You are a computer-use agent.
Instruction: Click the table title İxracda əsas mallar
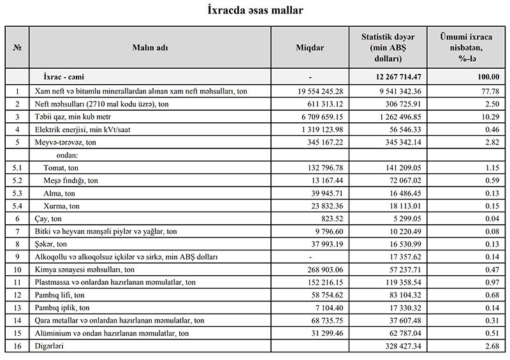click(255, 11)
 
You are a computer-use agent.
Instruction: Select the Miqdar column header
click(310, 48)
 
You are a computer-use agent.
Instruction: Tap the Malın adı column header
click(150, 48)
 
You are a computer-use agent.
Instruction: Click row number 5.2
click(17, 180)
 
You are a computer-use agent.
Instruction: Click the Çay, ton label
click(51, 219)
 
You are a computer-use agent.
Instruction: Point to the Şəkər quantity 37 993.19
click(324, 244)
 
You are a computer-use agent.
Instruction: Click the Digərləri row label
click(50, 346)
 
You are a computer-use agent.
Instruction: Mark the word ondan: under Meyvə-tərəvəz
click(66, 155)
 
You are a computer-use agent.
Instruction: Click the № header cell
click(17, 48)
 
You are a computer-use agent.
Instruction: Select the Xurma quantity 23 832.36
click(324, 206)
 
